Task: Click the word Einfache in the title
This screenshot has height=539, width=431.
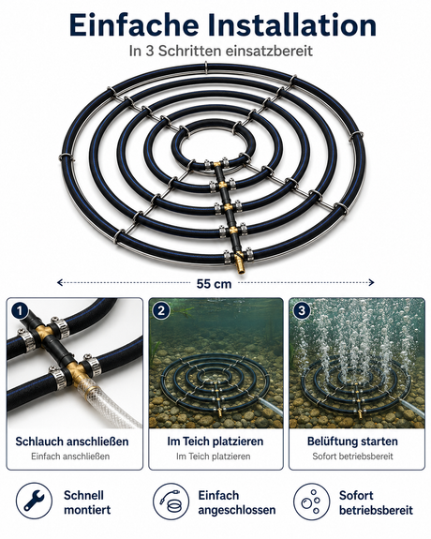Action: (134, 25)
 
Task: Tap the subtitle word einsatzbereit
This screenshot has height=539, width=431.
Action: (269, 51)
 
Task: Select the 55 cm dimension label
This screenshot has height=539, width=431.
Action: (214, 284)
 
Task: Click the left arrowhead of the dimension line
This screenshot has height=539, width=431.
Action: (59, 282)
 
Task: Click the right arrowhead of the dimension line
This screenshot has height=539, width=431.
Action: (372, 282)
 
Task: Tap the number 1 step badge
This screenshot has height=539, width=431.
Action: (20, 311)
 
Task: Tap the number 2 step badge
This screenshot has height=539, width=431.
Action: (161, 311)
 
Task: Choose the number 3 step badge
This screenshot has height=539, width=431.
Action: (302, 311)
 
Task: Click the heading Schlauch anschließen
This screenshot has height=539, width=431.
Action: (72, 442)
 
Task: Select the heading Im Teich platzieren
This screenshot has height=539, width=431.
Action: (215, 442)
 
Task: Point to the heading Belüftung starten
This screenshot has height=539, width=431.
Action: (352, 442)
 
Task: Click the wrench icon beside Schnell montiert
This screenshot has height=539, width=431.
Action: (34, 501)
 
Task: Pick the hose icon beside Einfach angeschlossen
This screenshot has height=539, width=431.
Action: (171, 501)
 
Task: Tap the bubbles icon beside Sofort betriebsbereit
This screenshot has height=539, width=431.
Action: (312, 501)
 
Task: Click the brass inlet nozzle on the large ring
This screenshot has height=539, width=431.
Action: (240, 265)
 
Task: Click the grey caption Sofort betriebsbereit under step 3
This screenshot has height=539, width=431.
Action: (352, 457)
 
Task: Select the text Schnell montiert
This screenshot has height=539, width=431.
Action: (87, 502)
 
